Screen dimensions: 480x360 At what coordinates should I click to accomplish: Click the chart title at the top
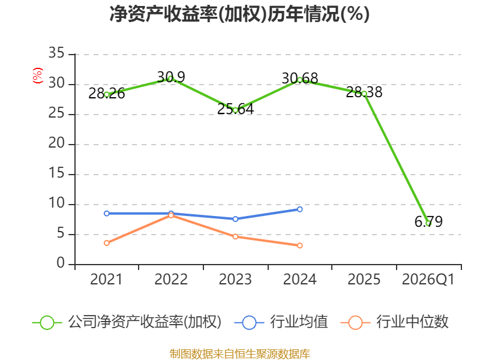239,14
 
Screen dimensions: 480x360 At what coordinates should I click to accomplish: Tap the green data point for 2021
107,95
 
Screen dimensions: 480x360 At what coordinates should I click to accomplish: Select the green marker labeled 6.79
428,224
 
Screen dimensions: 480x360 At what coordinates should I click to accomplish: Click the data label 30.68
299,79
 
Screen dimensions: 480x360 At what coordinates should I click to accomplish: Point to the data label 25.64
235,109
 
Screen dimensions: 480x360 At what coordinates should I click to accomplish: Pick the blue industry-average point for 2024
299,209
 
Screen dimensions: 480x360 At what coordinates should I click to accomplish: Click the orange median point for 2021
107,243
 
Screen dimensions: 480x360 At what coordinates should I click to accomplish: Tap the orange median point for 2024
299,245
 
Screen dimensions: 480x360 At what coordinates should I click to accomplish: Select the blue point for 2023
235,219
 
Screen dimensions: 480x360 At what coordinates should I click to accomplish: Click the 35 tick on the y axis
56,53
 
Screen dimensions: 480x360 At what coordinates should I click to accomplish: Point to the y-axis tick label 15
56,173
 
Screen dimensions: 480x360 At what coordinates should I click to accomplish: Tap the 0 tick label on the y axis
61,263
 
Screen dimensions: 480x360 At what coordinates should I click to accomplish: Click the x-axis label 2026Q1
428,279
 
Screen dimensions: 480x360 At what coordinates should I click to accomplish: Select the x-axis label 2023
235,279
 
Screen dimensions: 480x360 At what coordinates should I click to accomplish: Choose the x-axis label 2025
364,279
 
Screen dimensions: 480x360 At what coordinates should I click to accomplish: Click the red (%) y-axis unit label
38,76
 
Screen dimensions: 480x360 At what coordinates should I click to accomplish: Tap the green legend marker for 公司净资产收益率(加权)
47,323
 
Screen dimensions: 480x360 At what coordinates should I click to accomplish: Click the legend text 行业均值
299,322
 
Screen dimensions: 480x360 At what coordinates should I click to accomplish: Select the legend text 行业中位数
412,322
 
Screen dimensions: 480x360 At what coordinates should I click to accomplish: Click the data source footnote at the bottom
239,353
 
